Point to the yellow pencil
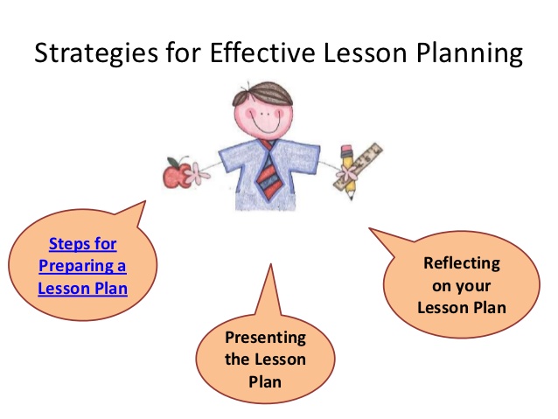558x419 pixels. click(347, 172)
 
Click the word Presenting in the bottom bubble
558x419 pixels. click(265, 337)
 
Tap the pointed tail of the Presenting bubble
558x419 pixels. click(269, 280)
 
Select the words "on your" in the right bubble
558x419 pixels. click(462, 285)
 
